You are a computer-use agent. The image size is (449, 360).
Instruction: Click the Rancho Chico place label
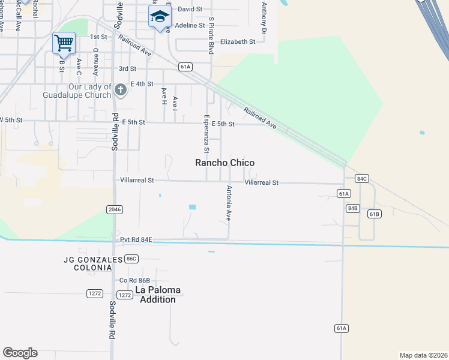coord(225,163)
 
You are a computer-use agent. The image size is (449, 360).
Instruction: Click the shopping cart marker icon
coord(64,43)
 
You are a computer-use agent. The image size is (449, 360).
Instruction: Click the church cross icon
coord(120,91)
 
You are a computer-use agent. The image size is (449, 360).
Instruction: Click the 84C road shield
coord(361,179)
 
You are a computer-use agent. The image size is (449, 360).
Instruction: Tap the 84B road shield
coord(353,208)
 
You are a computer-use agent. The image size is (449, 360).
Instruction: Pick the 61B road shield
coord(375,214)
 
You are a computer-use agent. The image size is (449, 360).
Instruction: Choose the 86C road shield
coord(131,259)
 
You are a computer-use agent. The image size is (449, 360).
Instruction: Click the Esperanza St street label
coord(206,133)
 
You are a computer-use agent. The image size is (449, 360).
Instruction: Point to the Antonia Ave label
coord(229,203)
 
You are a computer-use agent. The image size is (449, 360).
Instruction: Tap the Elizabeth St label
coord(238,41)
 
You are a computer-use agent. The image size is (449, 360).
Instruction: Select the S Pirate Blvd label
coord(211,36)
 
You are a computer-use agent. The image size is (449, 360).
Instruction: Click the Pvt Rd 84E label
coord(136,240)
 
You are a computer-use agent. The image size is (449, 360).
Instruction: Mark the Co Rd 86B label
coord(134,280)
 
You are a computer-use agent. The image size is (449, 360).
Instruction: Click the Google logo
coord(20,353)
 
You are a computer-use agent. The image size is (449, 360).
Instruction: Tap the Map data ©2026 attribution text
coord(423,355)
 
